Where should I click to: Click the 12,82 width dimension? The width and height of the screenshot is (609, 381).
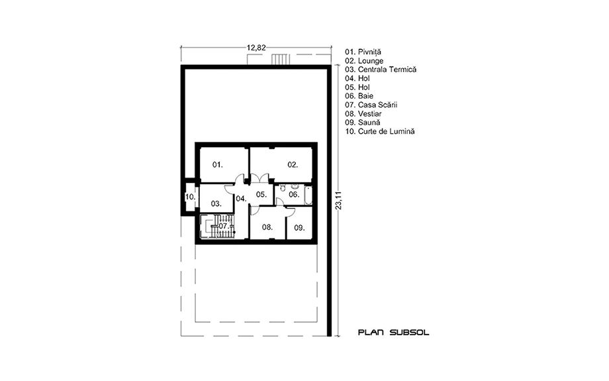[256, 48]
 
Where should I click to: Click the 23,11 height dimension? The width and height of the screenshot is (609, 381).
[340, 200]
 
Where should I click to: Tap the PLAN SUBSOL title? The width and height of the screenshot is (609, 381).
[393, 333]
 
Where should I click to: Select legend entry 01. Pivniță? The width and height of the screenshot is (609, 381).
[363, 52]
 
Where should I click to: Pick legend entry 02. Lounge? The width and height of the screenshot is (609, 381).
[364, 61]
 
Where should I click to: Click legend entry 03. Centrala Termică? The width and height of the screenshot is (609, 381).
[381, 70]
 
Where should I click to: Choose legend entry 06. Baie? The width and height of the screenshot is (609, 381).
[359, 96]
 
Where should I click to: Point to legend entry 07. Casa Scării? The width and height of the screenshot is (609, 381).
[371, 105]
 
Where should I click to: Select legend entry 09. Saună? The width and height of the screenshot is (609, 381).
[363, 123]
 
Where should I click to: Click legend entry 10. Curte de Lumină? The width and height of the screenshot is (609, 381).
[380, 131]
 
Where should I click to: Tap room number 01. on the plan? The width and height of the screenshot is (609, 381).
[218, 165]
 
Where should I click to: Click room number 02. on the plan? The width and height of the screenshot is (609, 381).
[293, 165]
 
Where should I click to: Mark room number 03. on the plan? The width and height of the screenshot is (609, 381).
[216, 203]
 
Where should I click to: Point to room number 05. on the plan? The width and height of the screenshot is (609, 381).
[261, 194]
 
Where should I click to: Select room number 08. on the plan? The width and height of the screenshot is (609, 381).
[267, 227]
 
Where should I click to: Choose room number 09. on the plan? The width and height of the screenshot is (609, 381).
[299, 228]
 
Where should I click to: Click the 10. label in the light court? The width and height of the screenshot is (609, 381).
[191, 197]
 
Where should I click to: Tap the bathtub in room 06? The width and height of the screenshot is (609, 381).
[308, 195]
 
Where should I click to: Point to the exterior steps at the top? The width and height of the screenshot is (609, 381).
[281, 60]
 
